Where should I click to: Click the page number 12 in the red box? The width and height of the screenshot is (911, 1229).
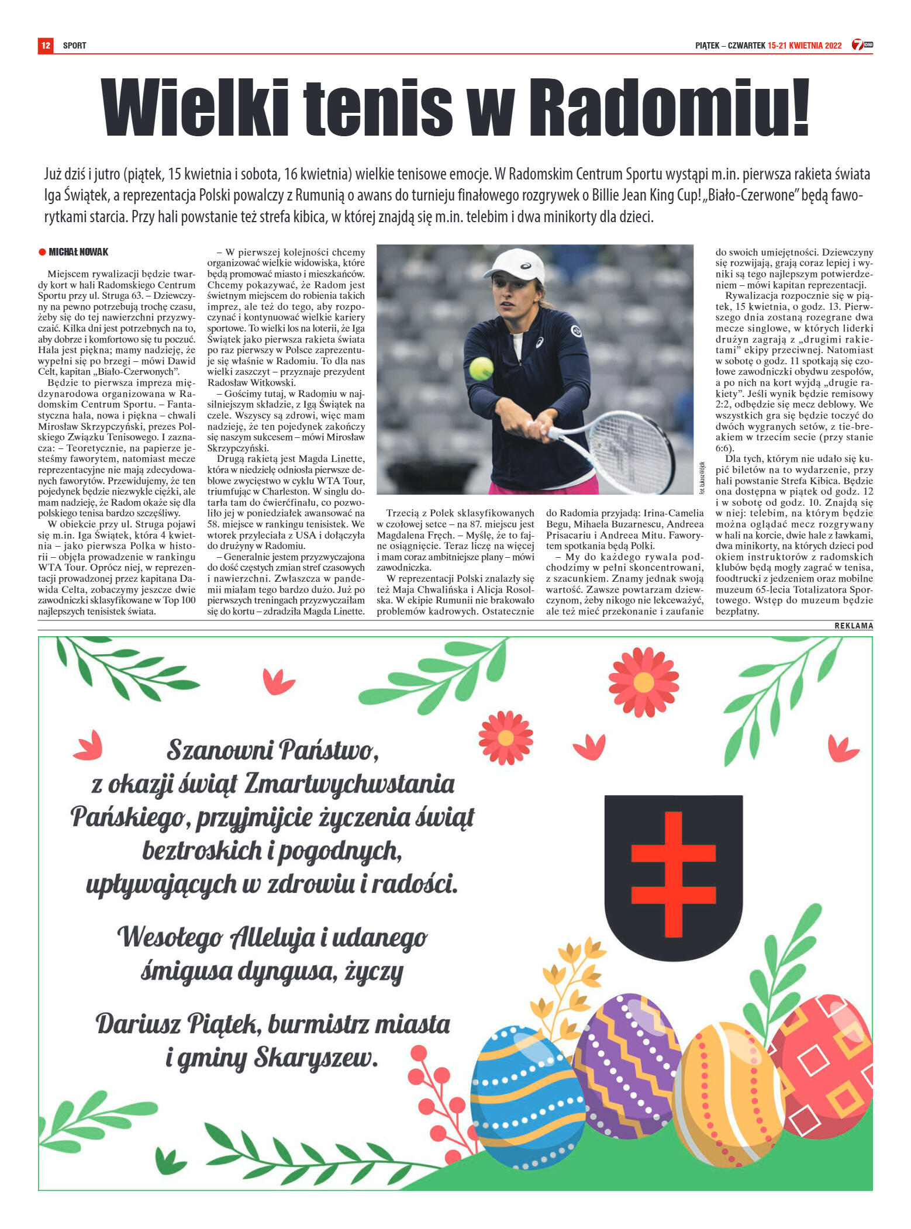click(46, 45)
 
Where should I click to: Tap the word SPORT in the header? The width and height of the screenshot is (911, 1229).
click(74, 46)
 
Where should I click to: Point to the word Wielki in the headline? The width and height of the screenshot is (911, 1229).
click(195, 108)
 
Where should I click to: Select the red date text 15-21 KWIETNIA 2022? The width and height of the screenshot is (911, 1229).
click(804, 46)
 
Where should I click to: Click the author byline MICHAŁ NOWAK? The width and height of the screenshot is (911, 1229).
click(78, 252)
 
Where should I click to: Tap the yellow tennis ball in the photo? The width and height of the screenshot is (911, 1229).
click(481, 368)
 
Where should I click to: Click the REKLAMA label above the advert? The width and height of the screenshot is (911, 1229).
click(853, 626)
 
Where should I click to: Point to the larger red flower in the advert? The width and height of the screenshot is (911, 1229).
click(643, 682)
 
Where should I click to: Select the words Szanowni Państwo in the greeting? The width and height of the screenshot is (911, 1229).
click(272, 750)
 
